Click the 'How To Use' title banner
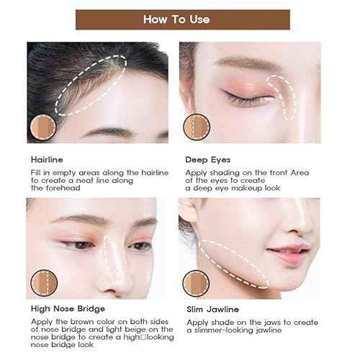pyautogui.click(x=180, y=19)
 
